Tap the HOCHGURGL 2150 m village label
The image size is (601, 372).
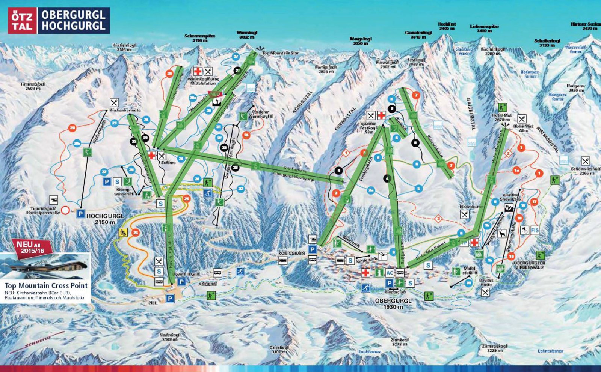click(x=105, y=219)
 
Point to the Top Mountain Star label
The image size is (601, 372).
click(x=280, y=53)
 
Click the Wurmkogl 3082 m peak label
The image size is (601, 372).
click(x=246, y=35)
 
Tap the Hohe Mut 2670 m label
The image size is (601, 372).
click(x=502, y=117)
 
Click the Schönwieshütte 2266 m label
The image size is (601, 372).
click(x=585, y=171)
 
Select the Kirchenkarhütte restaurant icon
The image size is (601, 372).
click(x=114, y=102)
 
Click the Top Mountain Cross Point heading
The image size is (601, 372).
click(x=46, y=285)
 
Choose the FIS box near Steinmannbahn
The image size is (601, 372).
click(x=535, y=230)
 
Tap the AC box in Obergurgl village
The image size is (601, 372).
click(x=390, y=273)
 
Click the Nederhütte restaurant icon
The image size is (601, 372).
click(x=465, y=214)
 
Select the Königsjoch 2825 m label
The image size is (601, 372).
click(x=326, y=69)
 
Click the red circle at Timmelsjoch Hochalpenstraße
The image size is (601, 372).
click(x=65, y=210)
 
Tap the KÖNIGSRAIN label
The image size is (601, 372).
click(x=291, y=253)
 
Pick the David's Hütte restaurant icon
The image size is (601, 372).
click(x=485, y=291)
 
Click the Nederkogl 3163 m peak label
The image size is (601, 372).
click(x=170, y=337)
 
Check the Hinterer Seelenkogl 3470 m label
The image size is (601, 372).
click(x=586, y=26)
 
